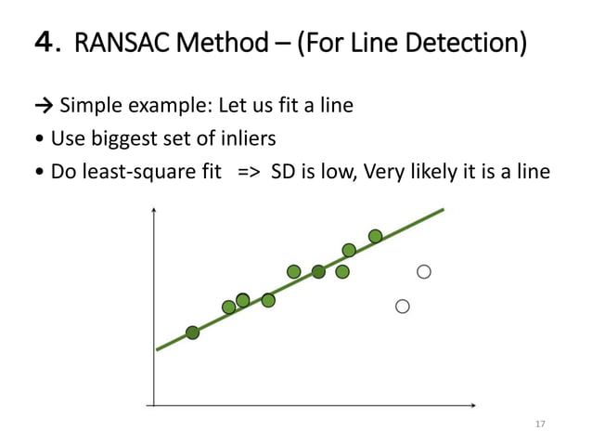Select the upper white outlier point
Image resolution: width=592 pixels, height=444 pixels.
click(x=424, y=272)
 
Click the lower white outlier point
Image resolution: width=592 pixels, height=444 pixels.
click(x=403, y=306)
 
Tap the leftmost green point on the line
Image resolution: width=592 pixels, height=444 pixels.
click(x=192, y=333)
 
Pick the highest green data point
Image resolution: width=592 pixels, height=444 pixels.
click(x=375, y=236)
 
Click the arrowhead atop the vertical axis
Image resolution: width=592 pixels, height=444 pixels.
click(x=153, y=210)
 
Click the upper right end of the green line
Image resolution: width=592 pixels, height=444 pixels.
click(x=443, y=210)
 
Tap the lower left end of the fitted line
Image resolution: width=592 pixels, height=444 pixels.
click(x=159, y=349)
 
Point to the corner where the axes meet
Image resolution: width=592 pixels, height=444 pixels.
click(x=153, y=406)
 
